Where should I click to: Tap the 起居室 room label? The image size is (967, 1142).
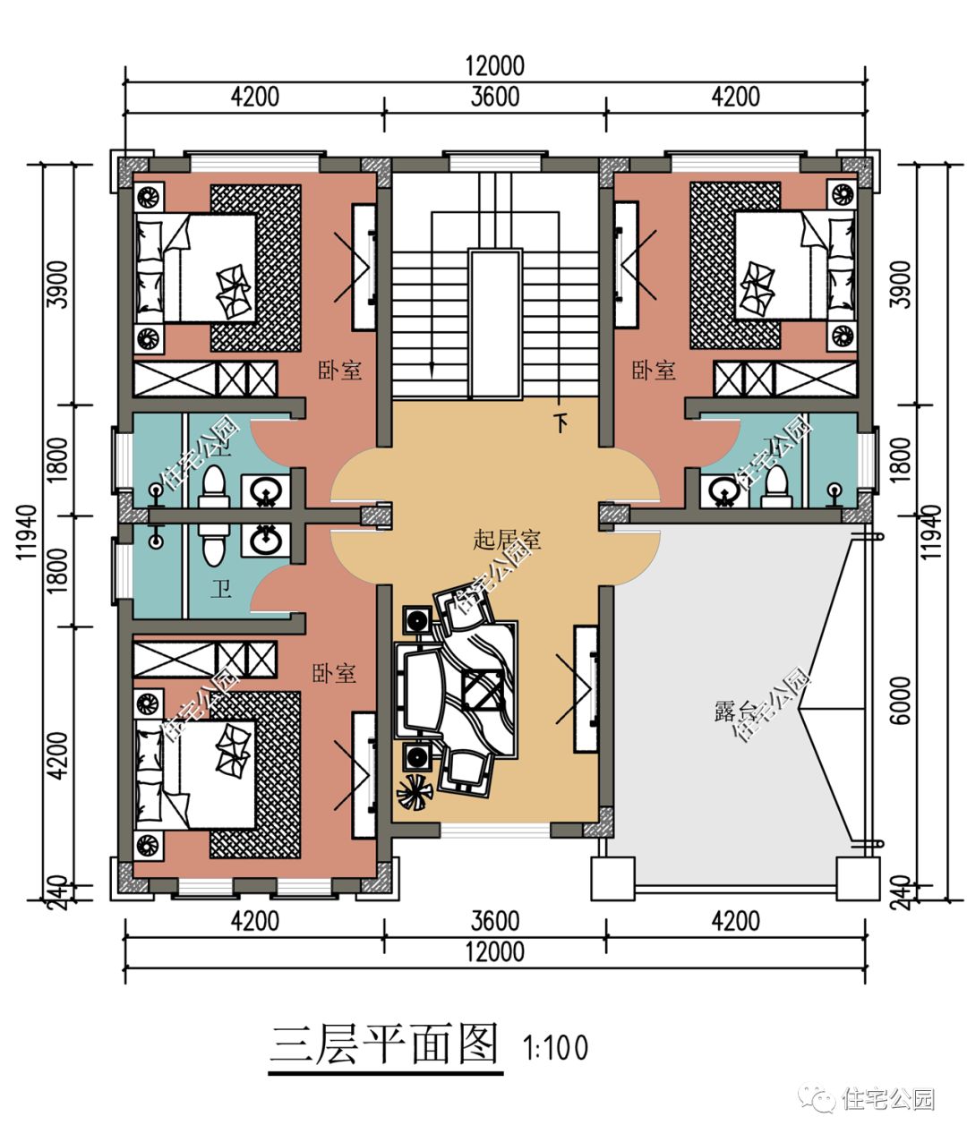pyautogui.click(x=507, y=540)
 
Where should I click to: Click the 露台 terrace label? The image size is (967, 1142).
pyautogui.click(x=736, y=712)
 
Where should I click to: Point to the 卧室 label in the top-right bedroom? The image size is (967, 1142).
pyautogui.click(x=654, y=370)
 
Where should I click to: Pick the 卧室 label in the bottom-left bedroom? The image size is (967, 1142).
pyautogui.click(x=334, y=673)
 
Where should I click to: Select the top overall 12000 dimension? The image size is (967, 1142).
pyautogui.click(x=494, y=66)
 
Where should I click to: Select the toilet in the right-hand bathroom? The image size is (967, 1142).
pyautogui.click(x=776, y=482)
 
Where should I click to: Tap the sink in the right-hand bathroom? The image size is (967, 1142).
pyautogui.click(x=723, y=490)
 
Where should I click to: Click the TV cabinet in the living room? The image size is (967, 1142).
pyautogui.click(x=586, y=687)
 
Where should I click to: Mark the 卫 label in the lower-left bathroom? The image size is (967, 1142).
pyautogui.click(x=220, y=589)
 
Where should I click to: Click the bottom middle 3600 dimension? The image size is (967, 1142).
pyautogui.click(x=494, y=920)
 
